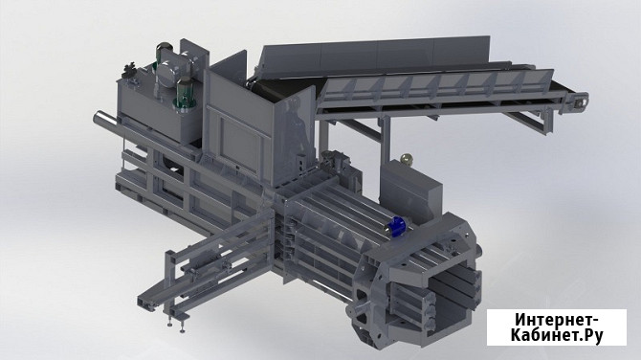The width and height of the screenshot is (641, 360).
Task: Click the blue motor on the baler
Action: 396,226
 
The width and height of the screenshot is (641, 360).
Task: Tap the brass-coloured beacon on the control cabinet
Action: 406,159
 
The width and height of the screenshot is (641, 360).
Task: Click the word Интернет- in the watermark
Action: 557,320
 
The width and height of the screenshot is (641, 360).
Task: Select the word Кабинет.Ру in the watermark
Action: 557,335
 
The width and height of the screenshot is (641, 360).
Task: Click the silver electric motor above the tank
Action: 168,72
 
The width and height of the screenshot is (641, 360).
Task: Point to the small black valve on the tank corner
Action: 130,69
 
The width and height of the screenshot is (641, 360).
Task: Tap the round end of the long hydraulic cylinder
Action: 99,119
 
